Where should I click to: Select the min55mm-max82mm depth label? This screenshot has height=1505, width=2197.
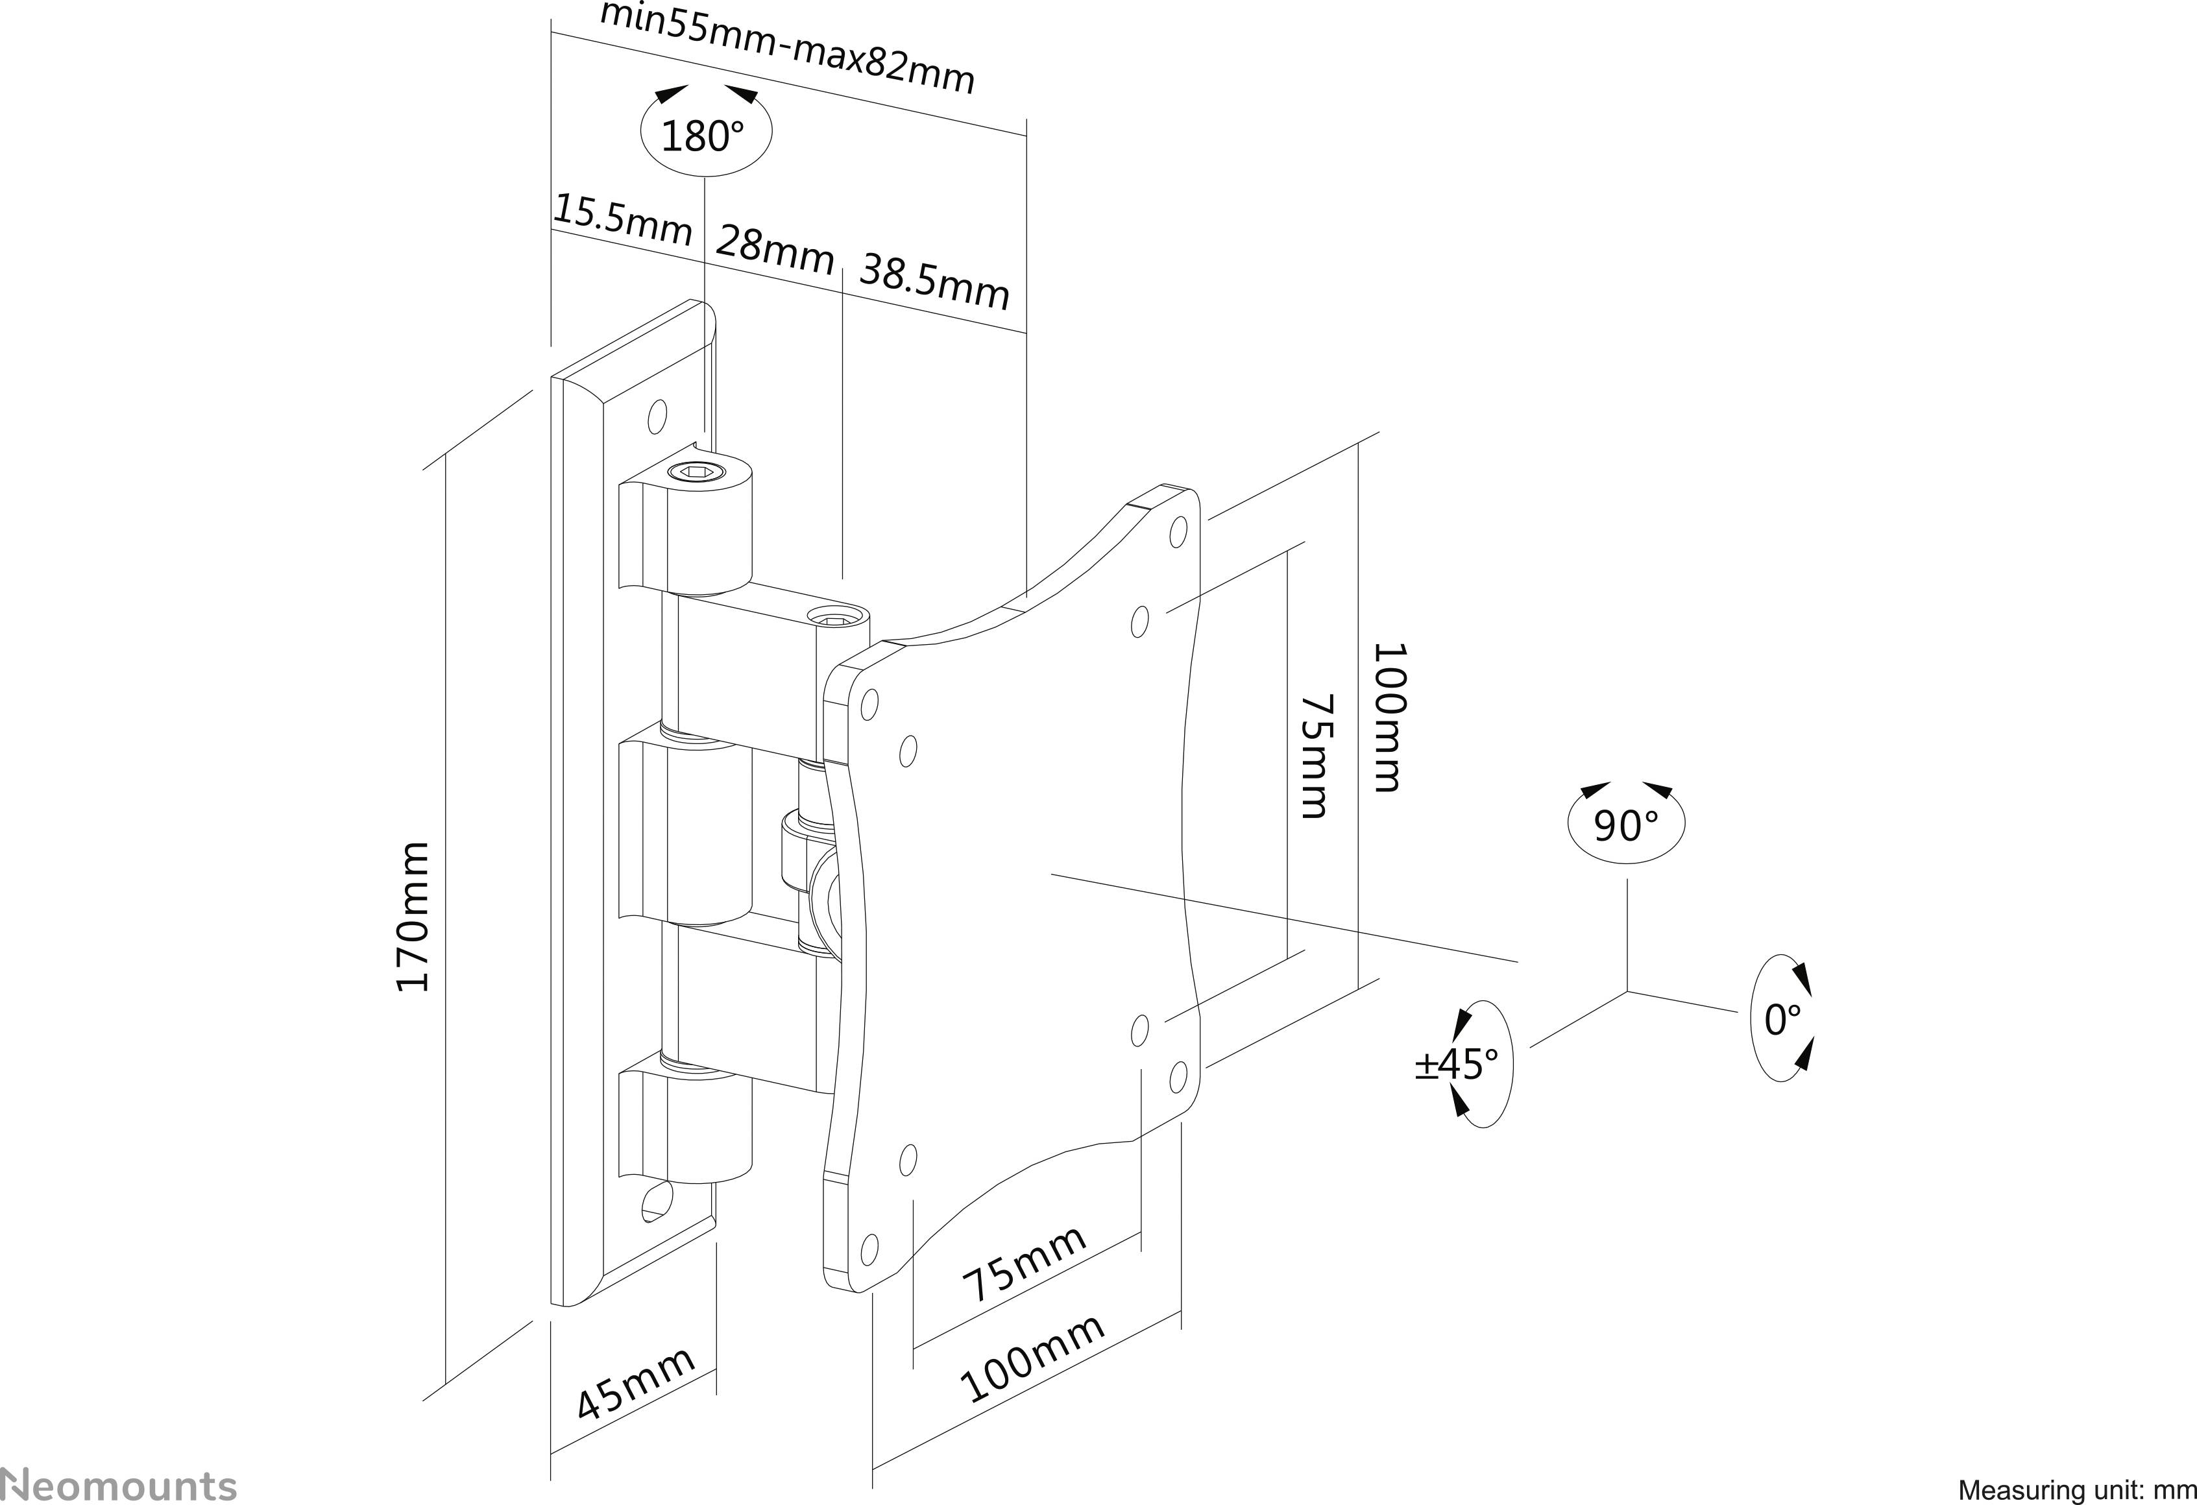point(786,47)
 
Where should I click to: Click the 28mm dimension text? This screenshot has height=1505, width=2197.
point(774,250)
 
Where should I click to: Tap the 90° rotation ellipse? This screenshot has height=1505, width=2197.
point(1626,825)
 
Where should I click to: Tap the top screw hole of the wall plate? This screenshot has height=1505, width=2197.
point(657,415)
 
